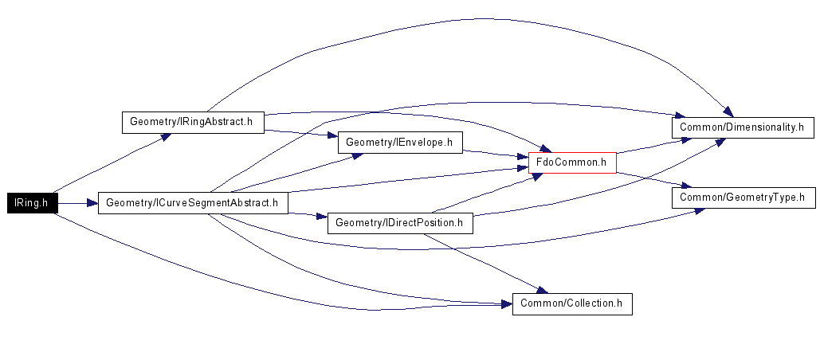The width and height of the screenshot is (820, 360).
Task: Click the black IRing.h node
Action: click(x=32, y=203)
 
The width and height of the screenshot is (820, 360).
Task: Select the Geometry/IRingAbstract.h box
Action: click(x=193, y=123)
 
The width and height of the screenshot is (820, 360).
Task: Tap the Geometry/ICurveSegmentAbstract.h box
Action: click(x=193, y=203)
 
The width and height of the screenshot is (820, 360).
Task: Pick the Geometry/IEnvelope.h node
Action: click(x=400, y=142)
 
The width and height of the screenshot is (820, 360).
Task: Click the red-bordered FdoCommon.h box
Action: click(x=573, y=162)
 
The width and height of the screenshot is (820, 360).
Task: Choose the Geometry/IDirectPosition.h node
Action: click(x=400, y=223)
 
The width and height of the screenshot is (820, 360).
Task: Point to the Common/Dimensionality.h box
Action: click(x=743, y=127)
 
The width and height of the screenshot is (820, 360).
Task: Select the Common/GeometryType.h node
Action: click(x=743, y=198)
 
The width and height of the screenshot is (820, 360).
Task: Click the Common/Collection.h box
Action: click(x=572, y=303)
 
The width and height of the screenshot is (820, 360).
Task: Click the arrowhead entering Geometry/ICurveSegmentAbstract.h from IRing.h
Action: click(x=92, y=203)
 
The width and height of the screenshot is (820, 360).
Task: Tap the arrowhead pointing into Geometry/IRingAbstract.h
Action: click(x=165, y=137)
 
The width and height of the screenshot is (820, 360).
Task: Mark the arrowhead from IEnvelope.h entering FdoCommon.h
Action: click(x=523, y=156)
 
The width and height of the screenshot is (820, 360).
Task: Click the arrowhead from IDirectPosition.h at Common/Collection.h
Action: click(x=541, y=289)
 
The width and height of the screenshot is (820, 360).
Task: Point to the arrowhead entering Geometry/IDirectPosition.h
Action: click(x=322, y=216)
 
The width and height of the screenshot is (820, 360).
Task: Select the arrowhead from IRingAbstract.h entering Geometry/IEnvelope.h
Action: click(x=332, y=135)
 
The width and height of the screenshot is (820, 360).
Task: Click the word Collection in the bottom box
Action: click(x=593, y=303)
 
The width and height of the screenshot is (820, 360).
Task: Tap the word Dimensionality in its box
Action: click(x=766, y=127)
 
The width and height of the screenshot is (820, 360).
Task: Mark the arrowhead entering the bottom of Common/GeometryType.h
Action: click(x=699, y=210)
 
